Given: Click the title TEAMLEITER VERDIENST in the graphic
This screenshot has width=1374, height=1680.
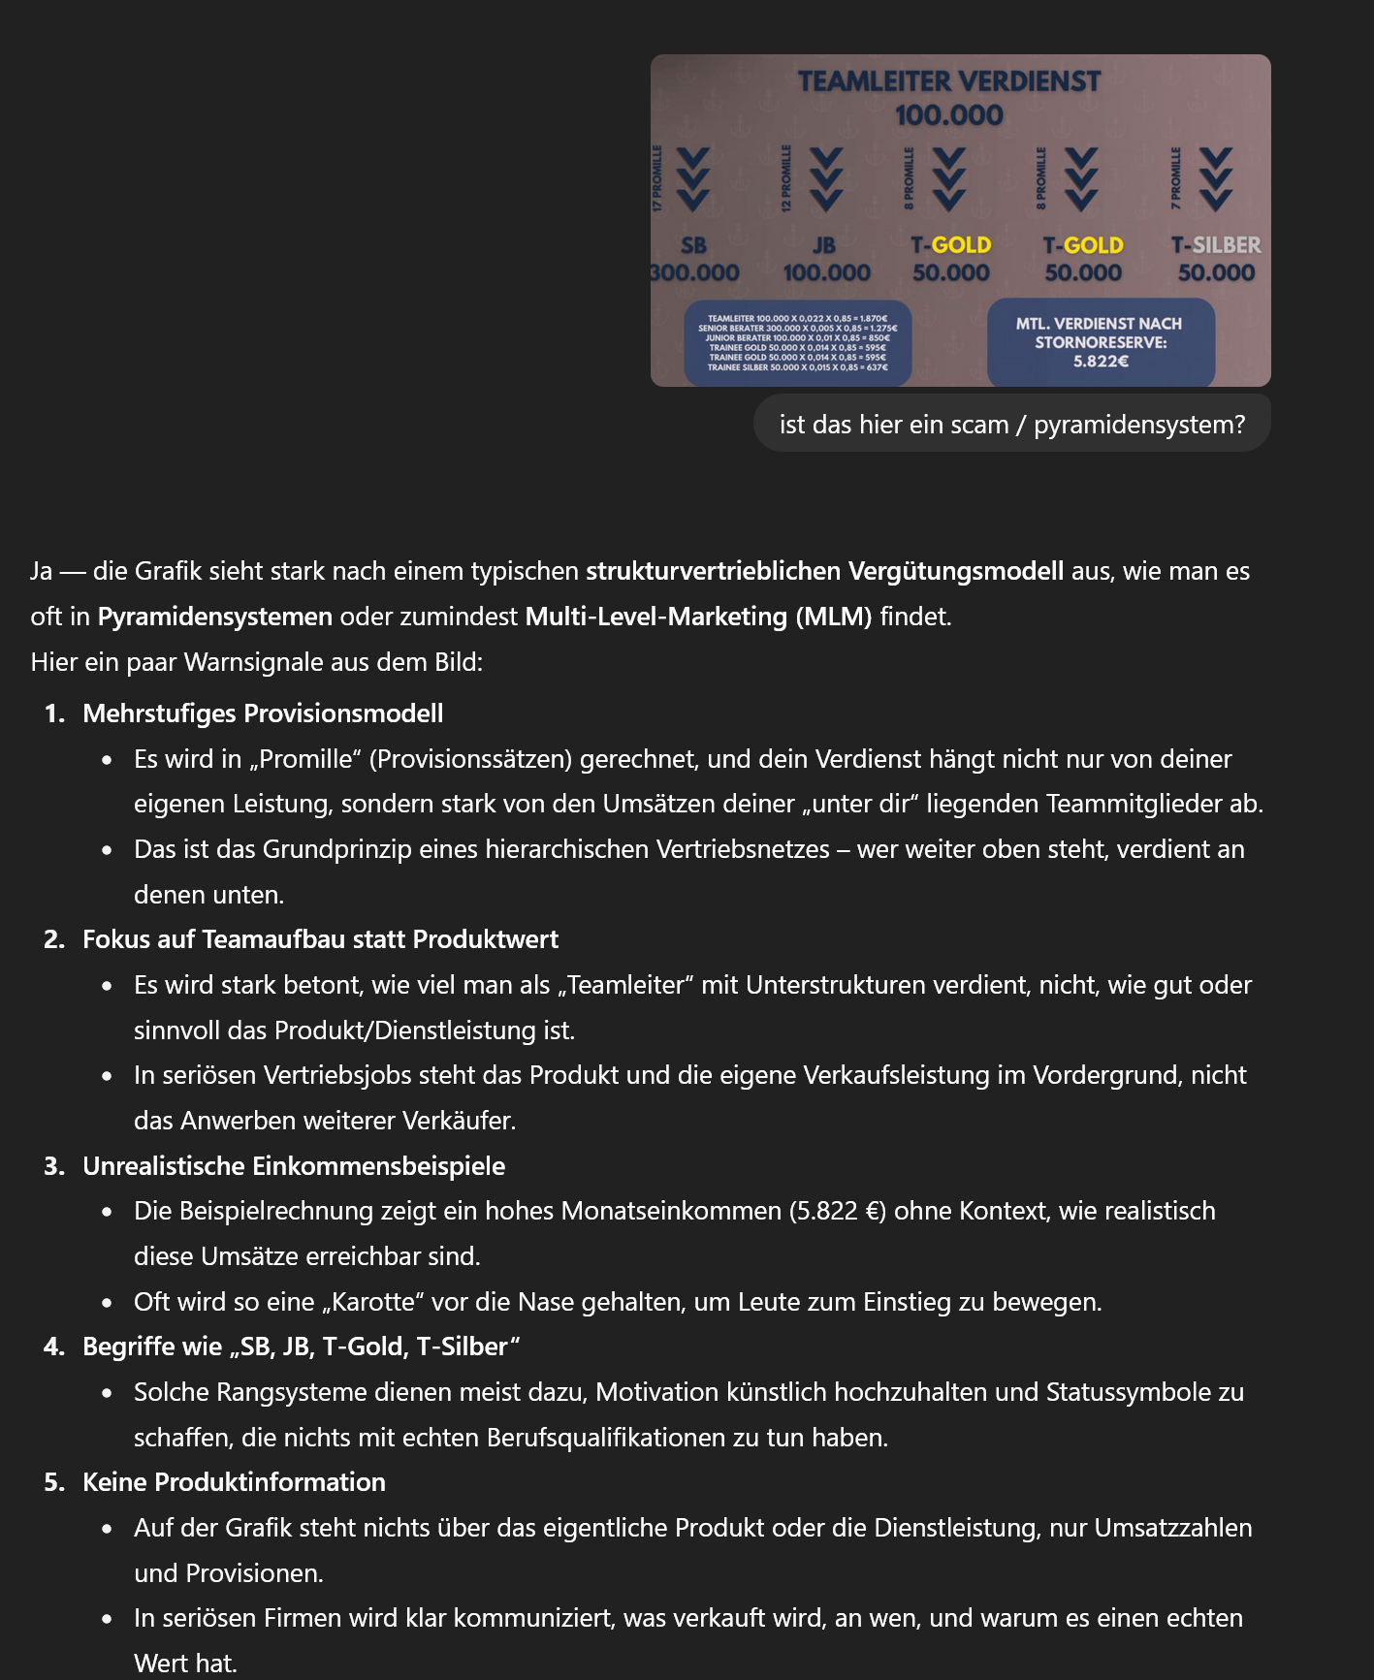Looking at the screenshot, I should (x=949, y=81).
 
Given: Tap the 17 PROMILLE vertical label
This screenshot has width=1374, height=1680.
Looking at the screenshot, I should (x=657, y=178).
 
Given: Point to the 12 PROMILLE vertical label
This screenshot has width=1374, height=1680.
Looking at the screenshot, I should (x=786, y=178).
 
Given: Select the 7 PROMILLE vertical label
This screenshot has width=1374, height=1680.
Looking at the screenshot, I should (x=1176, y=178).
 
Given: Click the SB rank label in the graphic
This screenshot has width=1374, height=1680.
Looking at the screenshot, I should (x=693, y=245).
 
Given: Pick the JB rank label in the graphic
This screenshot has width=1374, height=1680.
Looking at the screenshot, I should (x=824, y=245).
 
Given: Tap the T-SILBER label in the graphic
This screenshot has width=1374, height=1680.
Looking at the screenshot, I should (x=1216, y=245).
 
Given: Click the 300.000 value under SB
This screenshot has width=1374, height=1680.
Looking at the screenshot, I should (x=695, y=273).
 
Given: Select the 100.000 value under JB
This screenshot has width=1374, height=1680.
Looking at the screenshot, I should (x=826, y=273).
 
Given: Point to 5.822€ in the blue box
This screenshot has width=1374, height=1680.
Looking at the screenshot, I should (x=1101, y=362).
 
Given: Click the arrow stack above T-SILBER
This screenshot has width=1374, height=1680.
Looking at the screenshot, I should (x=1216, y=179).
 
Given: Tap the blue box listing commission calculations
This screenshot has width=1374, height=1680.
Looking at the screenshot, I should (x=797, y=343).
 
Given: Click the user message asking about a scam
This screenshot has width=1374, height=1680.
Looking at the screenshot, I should (x=1011, y=425).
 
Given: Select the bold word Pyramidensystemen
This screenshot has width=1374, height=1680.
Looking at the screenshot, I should (x=215, y=617).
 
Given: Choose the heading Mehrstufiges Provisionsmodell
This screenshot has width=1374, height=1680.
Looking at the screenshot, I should (x=263, y=713).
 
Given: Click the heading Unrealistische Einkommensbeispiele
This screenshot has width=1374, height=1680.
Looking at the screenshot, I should (x=294, y=1166).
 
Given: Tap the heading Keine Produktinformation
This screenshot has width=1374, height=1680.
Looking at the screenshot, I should (x=234, y=1482).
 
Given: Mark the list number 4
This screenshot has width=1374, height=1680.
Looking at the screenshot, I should (x=52, y=1347).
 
